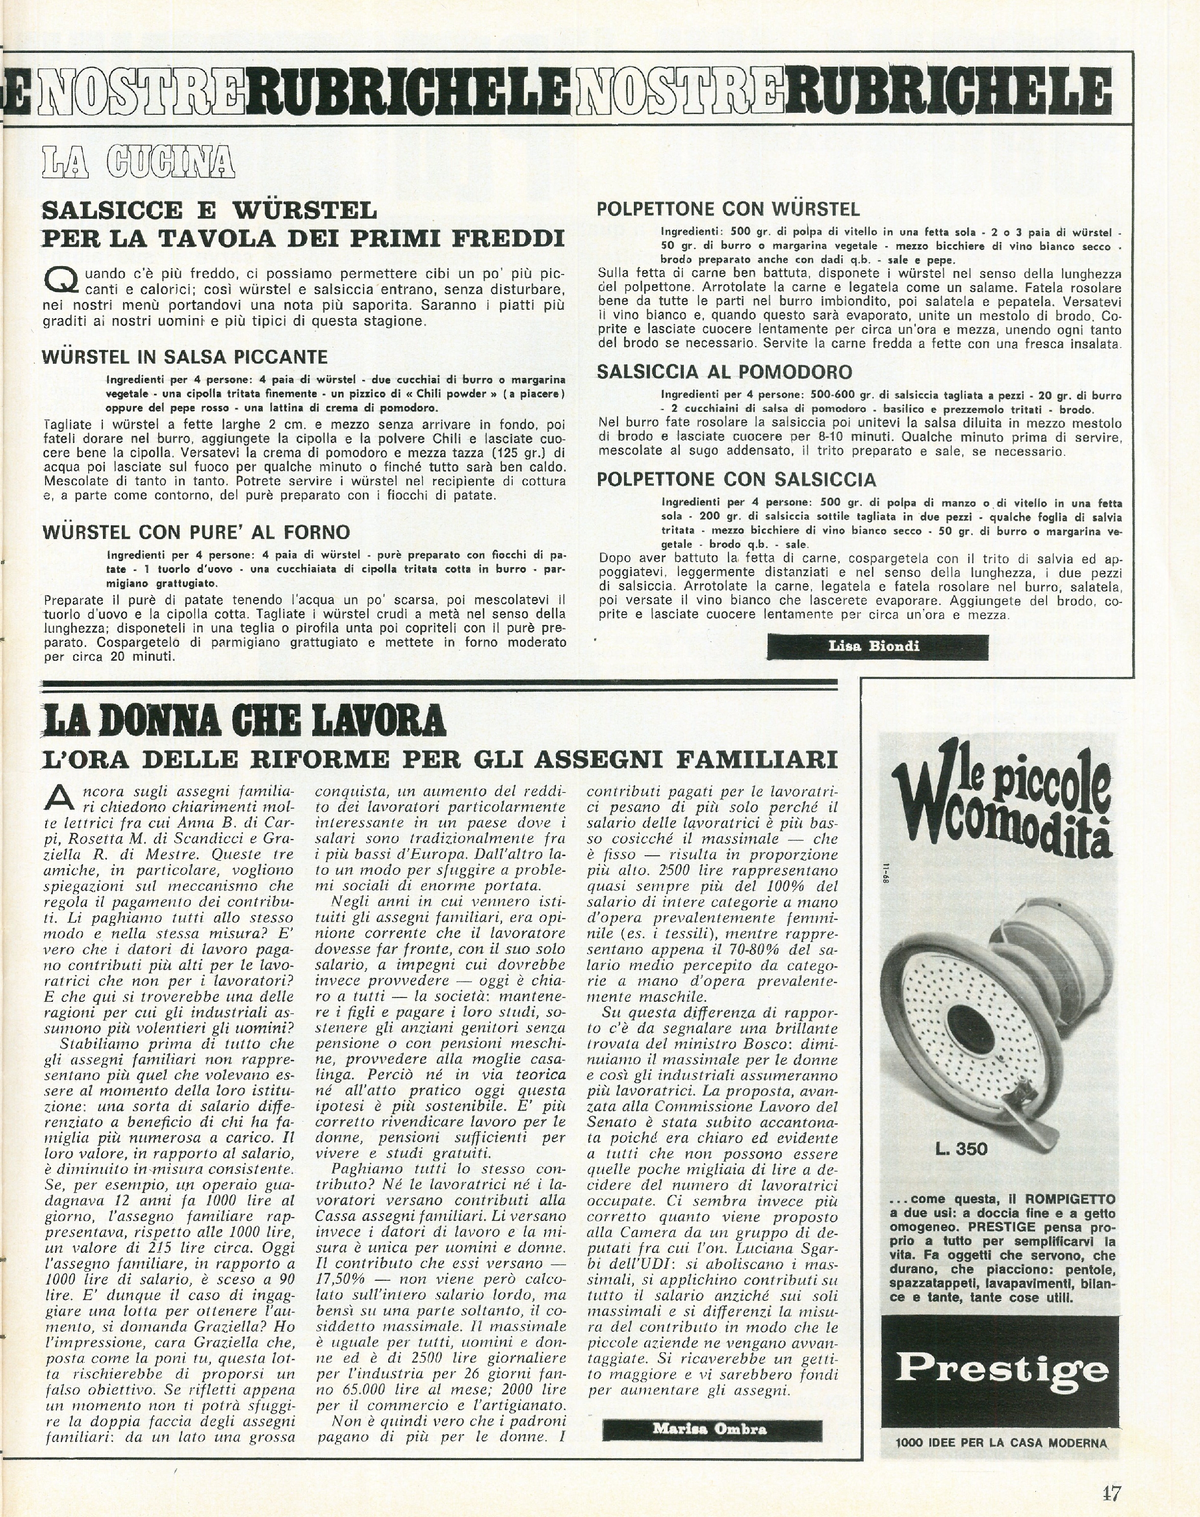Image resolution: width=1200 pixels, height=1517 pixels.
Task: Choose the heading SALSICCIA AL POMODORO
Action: [725, 372]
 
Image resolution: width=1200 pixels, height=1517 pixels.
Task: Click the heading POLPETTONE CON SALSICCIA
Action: [736, 480]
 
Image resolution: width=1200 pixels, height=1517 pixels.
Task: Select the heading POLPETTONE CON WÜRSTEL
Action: [728, 209]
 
